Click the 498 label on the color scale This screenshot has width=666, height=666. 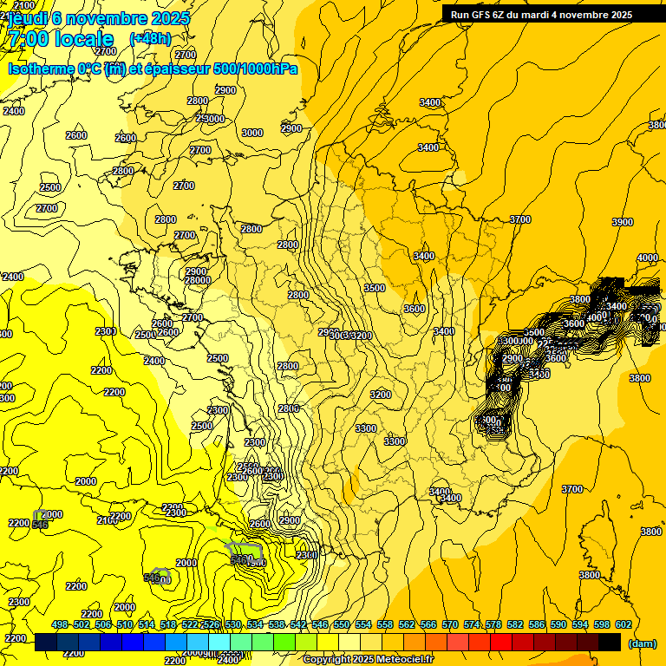[x=60, y=624]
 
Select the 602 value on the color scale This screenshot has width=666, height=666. [x=623, y=624]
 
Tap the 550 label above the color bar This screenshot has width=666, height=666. [x=342, y=624]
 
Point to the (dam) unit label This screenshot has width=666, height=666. [x=642, y=643]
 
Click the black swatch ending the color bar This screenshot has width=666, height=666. [x=610, y=643]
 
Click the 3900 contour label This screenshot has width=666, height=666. [x=623, y=223]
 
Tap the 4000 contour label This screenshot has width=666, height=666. [x=647, y=258]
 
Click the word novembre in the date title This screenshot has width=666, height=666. [x=113, y=18]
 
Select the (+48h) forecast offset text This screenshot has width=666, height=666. [x=150, y=38]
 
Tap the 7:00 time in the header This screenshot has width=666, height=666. [x=28, y=39]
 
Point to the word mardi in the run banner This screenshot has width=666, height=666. [x=549, y=15]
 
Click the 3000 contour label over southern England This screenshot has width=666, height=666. [x=252, y=133]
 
